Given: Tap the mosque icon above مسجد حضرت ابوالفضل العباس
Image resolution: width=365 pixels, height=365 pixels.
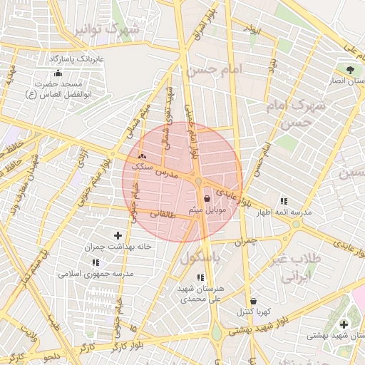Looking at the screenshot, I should pyautogui.click(x=58, y=73).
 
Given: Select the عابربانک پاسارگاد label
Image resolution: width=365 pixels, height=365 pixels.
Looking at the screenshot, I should pyautogui.click(x=76, y=58).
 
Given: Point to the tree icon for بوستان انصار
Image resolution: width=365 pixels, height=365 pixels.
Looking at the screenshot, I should pyautogui.click(x=350, y=70).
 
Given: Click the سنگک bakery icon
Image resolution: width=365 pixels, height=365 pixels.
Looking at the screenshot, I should pyautogui.click(x=142, y=155).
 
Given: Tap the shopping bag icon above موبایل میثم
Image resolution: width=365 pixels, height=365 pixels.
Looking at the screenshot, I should pyautogui.click(x=207, y=199).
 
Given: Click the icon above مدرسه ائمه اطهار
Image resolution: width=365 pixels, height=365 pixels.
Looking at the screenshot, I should pyautogui.click(x=284, y=202).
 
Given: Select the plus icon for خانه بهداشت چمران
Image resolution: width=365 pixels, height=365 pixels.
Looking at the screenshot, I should pyautogui.click(x=118, y=235).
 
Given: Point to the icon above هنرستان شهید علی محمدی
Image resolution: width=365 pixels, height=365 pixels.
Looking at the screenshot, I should pyautogui.click(x=200, y=277).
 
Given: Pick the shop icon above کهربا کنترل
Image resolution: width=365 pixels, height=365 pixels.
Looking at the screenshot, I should pyautogui.click(x=255, y=301).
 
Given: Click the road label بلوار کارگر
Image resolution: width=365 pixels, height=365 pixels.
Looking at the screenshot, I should pyautogui.click(x=129, y=346).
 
